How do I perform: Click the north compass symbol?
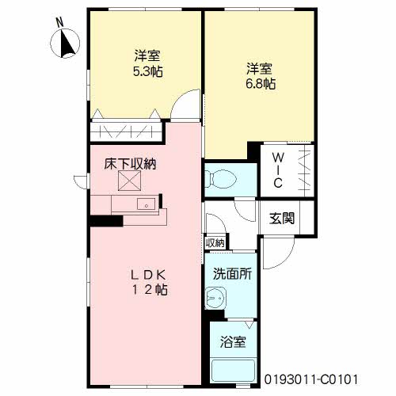point(65,43)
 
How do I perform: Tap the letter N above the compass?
point(60,22)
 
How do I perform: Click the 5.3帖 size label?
point(147,71)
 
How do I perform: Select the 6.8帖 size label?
point(261,84)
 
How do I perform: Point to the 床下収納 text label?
point(130,164)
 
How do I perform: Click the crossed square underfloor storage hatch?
point(129,181)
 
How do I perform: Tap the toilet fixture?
point(219,179)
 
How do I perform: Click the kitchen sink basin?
point(146,204)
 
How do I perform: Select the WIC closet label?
point(278,170)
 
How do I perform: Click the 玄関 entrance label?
point(282,219)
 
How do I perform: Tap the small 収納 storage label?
point(215,242)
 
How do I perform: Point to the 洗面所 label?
point(232,274)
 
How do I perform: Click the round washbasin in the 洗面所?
point(215,298)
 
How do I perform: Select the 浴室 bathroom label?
point(233,342)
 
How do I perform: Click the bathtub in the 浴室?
point(233,371)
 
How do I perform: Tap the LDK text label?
point(149,276)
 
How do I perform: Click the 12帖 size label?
point(150,290)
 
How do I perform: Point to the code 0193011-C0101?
point(311,379)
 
